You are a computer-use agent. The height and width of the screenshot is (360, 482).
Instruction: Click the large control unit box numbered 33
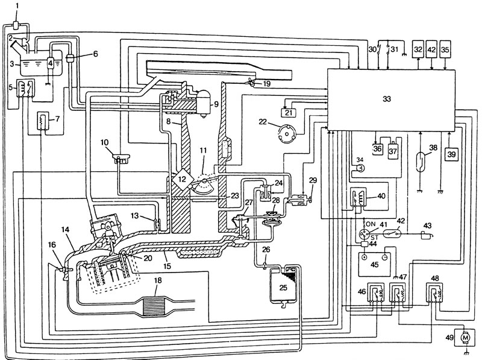click(x=391, y=99)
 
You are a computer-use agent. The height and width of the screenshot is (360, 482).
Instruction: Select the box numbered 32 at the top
click(x=418, y=49)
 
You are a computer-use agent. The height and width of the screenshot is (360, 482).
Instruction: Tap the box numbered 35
click(x=445, y=49)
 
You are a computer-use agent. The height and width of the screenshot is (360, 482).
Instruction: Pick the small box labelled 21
click(x=289, y=113)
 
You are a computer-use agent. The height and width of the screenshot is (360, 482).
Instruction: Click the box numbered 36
click(x=378, y=148)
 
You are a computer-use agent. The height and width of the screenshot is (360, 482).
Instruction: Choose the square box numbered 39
click(x=451, y=154)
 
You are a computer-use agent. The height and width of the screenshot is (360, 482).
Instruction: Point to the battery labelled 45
click(x=374, y=265)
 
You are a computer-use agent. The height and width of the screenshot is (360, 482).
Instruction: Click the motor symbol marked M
click(x=465, y=338)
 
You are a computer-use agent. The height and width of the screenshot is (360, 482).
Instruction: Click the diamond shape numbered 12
click(x=182, y=178)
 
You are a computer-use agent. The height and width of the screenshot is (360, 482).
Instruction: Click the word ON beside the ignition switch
click(x=371, y=224)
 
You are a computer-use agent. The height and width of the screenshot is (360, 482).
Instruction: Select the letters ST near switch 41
click(x=374, y=238)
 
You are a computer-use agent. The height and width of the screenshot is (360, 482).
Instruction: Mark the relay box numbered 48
click(x=434, y=292)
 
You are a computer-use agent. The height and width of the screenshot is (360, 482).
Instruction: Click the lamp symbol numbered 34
click(x=360, y=168)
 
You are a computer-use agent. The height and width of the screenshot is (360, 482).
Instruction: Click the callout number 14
click(x=65, y=230)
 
